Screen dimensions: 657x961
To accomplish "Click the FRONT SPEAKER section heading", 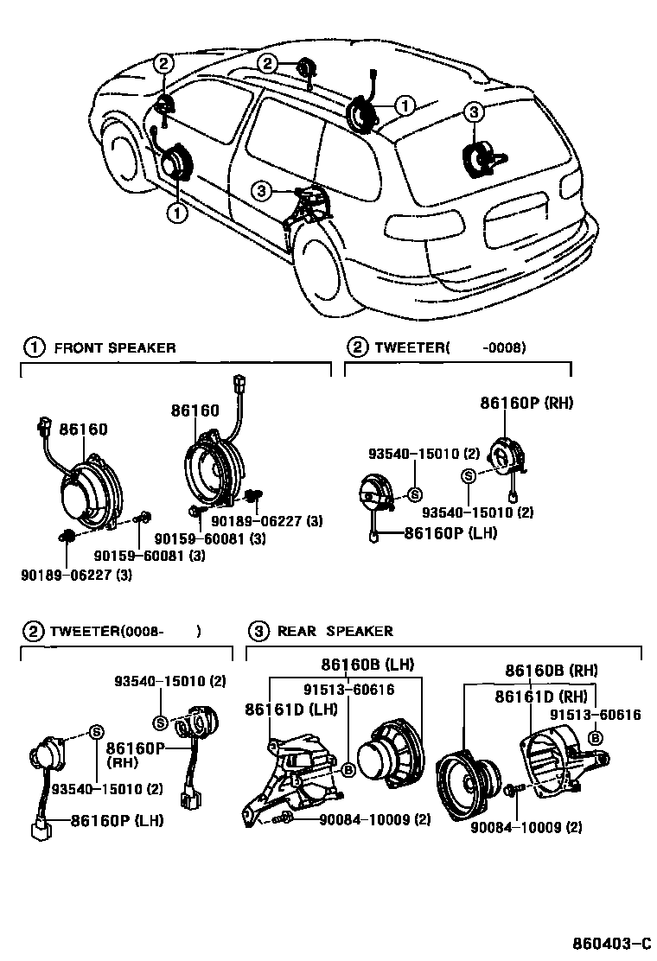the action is pos(115,348).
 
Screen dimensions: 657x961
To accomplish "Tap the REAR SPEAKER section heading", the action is pos(335,631).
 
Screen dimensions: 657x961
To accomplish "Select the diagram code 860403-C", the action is pos(612,942).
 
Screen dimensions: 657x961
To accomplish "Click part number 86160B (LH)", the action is pos(367,664).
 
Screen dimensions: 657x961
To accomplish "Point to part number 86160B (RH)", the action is pos(551,670).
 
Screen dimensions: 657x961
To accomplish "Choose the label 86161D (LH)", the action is pos(291,710).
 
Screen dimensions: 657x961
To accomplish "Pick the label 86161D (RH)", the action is pos(541,697).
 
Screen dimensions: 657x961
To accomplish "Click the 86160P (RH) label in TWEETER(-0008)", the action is pos(526,403).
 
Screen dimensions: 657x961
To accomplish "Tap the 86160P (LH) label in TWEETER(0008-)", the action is pos(117,820).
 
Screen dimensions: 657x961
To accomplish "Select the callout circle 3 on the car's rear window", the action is pos(474,112).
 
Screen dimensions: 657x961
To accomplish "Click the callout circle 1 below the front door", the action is pos(177,213).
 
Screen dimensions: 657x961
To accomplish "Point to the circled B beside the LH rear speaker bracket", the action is pos(348,770).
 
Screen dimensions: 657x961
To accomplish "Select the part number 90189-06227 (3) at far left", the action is pos(76,575).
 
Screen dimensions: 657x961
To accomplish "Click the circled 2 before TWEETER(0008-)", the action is pos(34,631).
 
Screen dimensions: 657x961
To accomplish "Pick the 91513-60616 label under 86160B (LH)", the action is pos(348,690).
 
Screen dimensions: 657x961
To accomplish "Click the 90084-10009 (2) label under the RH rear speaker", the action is pos(526,827).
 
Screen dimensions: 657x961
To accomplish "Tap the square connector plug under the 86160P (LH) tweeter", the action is pos(41,831).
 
